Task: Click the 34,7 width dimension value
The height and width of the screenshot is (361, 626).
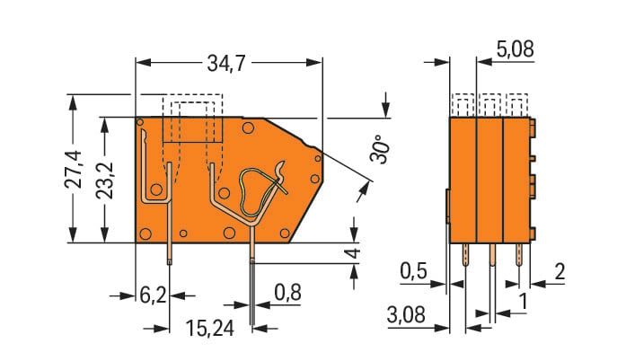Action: click(225, 63)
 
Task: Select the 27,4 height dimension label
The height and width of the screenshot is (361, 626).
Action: click(74, 169)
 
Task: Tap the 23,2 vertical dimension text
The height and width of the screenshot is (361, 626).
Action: click(105, 180)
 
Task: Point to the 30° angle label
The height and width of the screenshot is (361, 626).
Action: click(379, 148)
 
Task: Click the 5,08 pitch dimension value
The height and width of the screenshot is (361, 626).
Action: click(515, 49)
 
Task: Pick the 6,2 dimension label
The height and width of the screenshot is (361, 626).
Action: click(153, 295)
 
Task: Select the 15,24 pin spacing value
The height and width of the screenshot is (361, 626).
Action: click(209, 329)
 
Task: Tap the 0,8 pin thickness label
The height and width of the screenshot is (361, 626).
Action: click(287, 293)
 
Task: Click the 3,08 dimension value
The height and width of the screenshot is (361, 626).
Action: click(406, 314)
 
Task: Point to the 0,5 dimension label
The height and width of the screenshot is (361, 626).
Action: click(414, 271)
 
